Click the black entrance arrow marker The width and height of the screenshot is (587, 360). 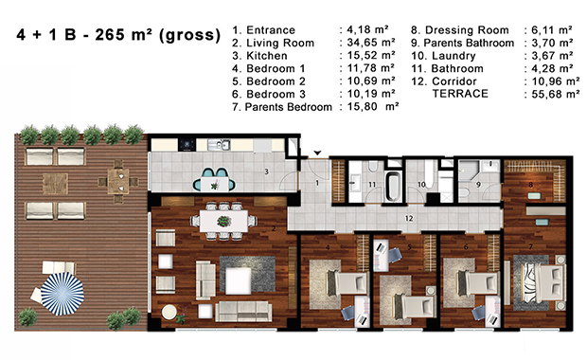[x=317, y=153]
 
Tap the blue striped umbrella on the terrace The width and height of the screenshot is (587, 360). [x=62, y=294]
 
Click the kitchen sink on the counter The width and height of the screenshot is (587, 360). [x=220, y=145]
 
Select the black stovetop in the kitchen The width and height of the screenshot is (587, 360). [x=187, y=145]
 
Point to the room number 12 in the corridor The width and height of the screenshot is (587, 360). [x=409, y=218]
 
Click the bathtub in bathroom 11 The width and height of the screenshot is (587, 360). [x=394, y=186]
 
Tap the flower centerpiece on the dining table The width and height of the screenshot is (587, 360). [x=223, y=221]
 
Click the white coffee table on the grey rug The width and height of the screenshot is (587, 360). [x=238, y=280]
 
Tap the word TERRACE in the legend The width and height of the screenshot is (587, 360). [x=460, y=93]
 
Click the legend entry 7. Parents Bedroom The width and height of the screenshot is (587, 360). [x=282, y=107]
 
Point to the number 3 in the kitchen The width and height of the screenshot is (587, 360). [x=267, y=171]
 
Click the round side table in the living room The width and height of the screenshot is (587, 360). [x=169, y=312]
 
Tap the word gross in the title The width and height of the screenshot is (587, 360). [x=189, y=35]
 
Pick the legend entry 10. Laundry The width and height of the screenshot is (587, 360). [x=444, y=56]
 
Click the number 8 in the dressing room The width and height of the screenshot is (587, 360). [x=530, y=185]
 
